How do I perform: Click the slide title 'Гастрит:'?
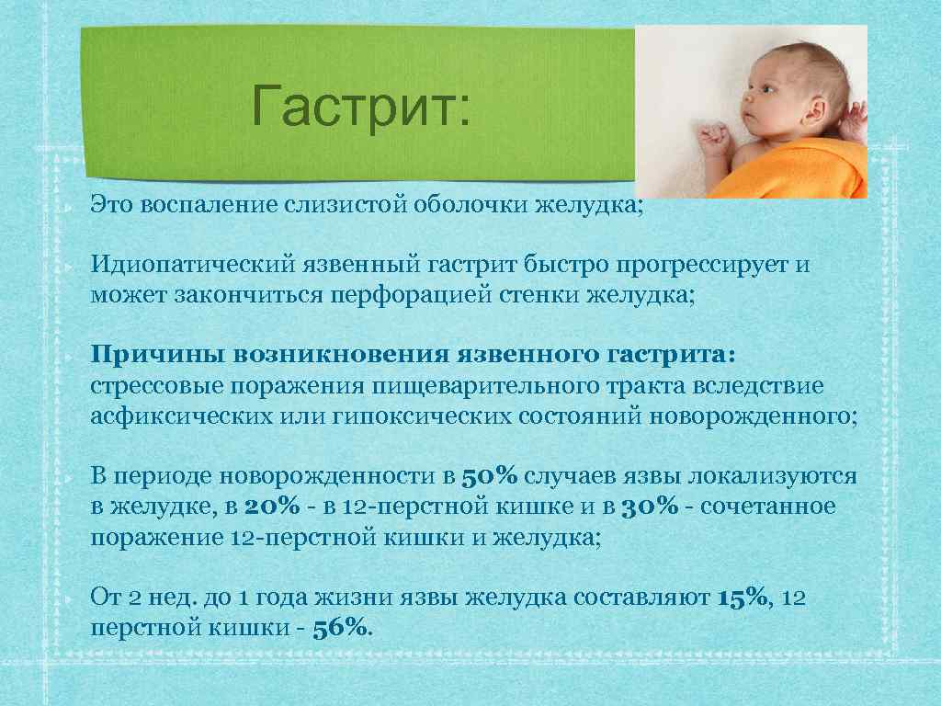[x=360, y=107]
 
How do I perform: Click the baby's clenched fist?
[x=713, y=142]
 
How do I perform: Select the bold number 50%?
[x=490, y=476]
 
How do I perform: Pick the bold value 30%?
[x=650, y=507]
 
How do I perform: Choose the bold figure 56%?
[x=342, y=629]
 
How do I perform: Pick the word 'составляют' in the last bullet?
[x=642, y=598]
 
